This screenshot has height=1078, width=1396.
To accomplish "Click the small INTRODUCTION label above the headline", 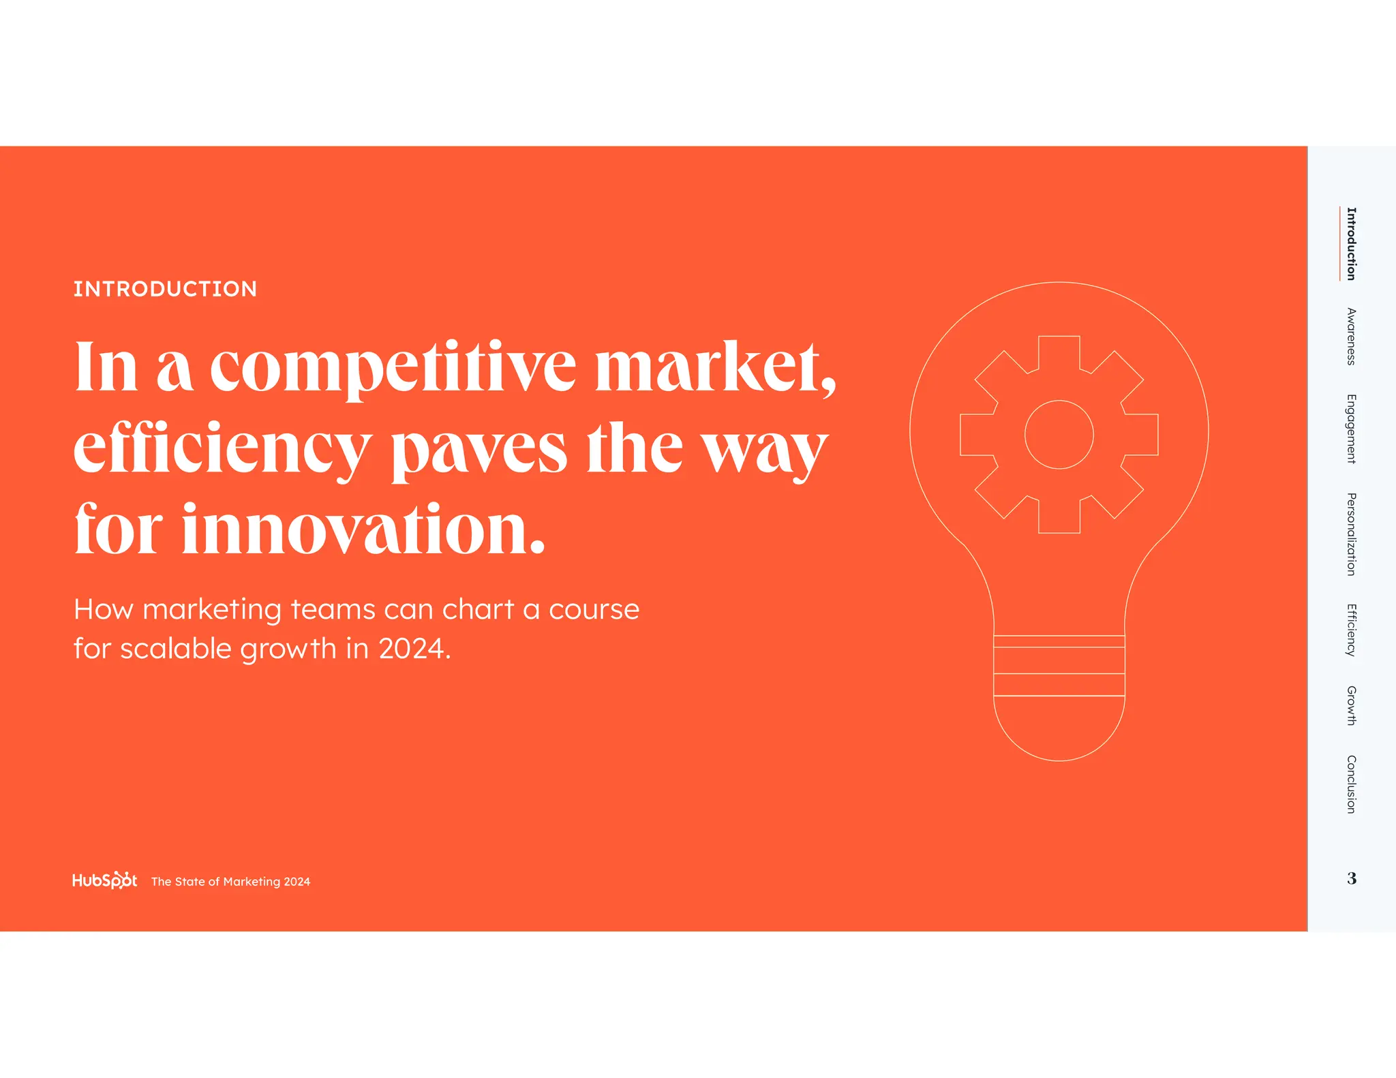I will (165, 289).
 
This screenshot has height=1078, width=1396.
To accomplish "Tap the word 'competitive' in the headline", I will (393, 367).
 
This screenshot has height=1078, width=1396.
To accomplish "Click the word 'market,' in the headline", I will (715, 367).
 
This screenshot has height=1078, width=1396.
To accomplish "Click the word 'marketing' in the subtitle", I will (211, 609).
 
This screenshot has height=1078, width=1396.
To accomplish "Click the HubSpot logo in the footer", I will (104, 880).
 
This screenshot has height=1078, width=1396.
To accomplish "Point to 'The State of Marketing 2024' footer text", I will (230, 882).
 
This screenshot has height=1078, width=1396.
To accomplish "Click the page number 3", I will (1352, 878).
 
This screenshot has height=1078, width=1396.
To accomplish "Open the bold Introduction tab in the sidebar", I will (1351, 244).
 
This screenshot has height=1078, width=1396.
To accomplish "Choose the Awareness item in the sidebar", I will (1351, 337).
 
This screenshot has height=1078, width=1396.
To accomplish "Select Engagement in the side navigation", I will (1351, 429).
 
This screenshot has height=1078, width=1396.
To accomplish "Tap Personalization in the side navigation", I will (1351, 534).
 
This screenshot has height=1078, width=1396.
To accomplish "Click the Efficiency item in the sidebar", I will (1351, 630).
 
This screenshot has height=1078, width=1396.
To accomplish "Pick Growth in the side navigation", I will (1351, 705).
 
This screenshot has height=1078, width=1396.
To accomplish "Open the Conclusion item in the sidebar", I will (1351, 784).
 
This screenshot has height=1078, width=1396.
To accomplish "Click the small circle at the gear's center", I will (1059, 435).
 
